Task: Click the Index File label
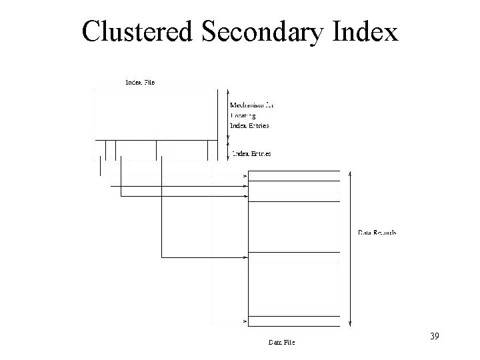(x=140, y=82)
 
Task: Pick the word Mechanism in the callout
(x=247, y=105)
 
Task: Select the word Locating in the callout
(x=243, y=115)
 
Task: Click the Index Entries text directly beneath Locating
(x=249, y=125)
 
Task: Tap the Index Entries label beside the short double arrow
(x=251, y=154)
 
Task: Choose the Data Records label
(x=377, y=233)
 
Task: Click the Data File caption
(x=281, y=343)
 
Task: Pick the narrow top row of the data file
(x=294, y=176)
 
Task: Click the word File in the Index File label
(x=149, y=82)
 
